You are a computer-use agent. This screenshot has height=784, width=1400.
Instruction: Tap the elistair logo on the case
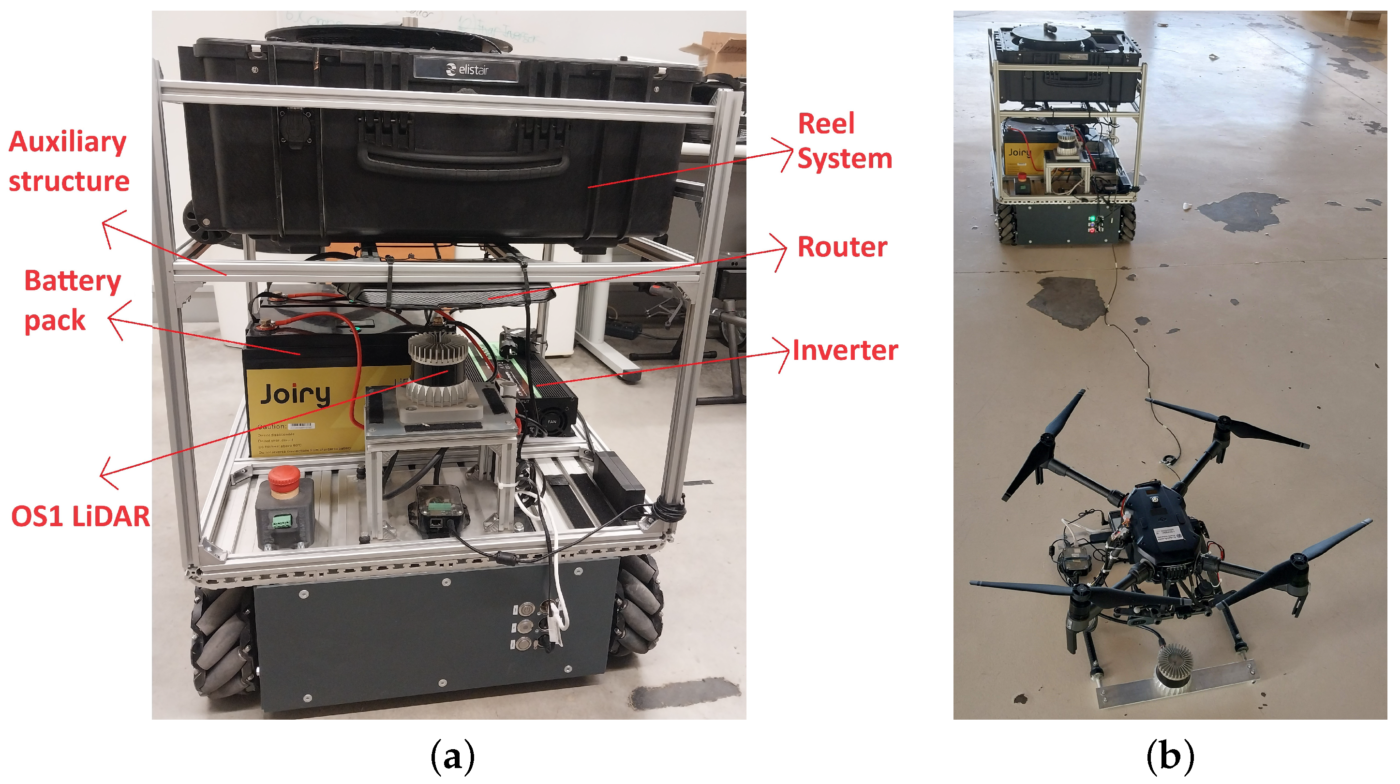(467, 70)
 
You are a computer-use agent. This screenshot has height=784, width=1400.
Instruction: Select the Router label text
(842, 247)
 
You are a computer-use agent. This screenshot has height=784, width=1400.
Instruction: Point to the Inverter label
(845, 351)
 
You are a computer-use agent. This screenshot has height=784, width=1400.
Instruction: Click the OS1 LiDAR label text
(80, 516)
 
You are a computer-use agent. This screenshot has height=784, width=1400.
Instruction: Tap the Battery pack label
(72, 300)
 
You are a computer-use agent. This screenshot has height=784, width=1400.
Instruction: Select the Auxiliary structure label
(69, 161)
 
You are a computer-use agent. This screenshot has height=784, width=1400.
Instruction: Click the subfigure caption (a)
(452, 756)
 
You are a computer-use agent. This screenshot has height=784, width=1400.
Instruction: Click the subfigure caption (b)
(1170, 756)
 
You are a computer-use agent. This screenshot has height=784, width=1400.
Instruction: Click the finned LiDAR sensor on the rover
(437, 370)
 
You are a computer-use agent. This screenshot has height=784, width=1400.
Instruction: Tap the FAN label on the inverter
(551, 422)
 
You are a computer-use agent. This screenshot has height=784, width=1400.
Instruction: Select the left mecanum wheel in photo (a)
(217, 641)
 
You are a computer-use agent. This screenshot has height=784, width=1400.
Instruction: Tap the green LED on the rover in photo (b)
(1091, 219)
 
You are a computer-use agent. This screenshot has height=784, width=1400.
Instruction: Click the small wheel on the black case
(197, 220)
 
